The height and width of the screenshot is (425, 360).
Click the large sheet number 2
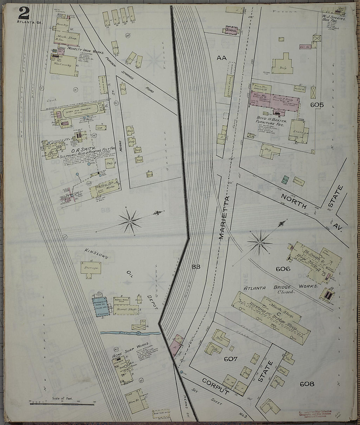24,13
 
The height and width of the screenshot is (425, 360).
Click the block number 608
306,384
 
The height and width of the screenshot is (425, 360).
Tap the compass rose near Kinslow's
130,222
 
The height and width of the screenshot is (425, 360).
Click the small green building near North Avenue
286,179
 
